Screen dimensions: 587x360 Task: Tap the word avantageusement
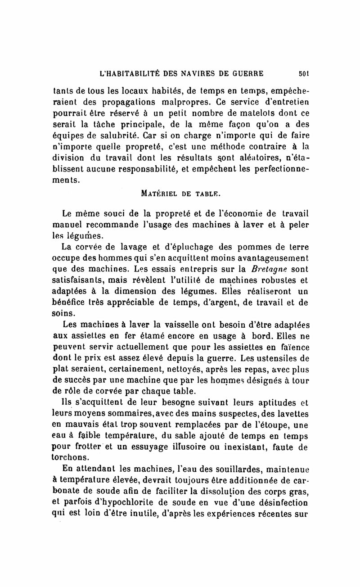[268, 258]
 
